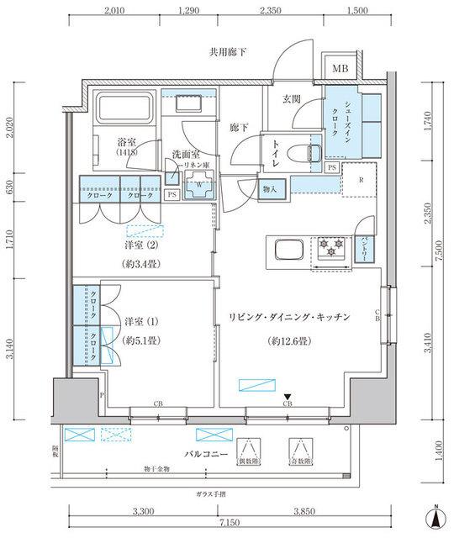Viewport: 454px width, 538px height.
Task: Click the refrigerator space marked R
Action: pos(361,180)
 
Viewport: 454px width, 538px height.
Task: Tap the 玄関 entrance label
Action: pos(292,99)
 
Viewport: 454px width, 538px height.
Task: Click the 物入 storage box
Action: pos(270,189)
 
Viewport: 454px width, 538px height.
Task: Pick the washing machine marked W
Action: pos(199,187)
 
